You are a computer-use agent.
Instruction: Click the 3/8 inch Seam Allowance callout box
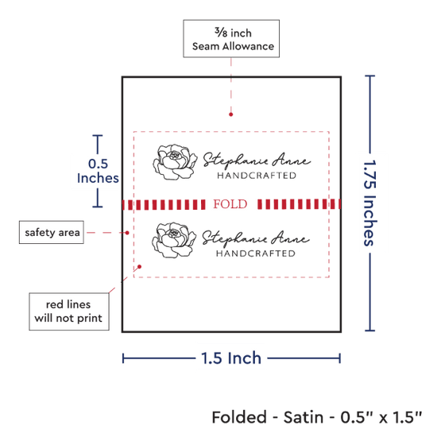(231, 39)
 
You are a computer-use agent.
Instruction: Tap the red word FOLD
(230, 204)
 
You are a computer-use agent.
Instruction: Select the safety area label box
(52, 233)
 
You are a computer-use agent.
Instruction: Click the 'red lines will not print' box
(69, 311)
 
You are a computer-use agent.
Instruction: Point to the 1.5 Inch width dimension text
(231, 358)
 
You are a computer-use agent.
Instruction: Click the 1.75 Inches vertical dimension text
(369, 203)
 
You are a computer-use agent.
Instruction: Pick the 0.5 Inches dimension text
(98, 171)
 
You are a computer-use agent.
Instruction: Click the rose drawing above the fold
(175, 162)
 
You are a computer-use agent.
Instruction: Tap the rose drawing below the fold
(174, 240)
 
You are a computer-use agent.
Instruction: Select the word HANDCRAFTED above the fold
(257, 176)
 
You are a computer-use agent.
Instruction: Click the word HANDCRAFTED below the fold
(256, 253)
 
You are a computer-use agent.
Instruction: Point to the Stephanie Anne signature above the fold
(257, 160)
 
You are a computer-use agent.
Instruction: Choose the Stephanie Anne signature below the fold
(256, 238)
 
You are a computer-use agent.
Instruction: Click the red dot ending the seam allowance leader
(230, 114)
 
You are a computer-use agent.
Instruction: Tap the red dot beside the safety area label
(127, 233)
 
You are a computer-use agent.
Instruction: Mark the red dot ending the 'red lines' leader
(140, 267)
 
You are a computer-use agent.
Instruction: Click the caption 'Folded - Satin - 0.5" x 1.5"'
(317, 417)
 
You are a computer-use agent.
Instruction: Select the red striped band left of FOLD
(164, 204)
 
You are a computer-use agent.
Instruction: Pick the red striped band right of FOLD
(299, 204)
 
